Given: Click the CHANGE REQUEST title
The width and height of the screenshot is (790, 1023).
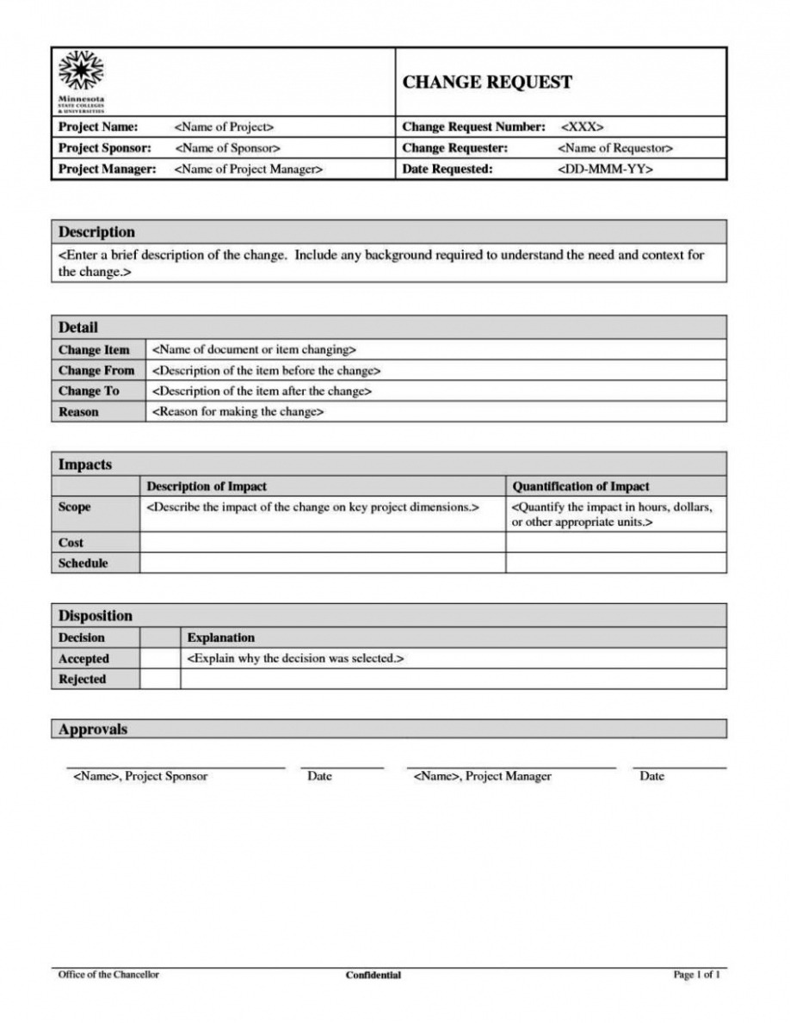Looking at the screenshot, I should [x=487, y=83].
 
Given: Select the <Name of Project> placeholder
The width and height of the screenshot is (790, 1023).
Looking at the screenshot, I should [x=224, y=127].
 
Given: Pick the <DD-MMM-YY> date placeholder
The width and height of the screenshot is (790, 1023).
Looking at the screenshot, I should [x=606, y=169].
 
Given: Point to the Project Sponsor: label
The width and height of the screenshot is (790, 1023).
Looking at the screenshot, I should [x=104, y=148].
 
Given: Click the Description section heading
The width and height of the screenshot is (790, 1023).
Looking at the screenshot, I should [x=96, y=232].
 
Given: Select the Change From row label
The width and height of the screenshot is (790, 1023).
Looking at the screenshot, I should [x=96, y=371].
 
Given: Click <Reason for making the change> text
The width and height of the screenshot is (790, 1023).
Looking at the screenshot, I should [x=238, y=412].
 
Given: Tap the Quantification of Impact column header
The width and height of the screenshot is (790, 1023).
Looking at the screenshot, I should [x=581, y=487].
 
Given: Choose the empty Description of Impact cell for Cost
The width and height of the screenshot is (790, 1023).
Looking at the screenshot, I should [x=322, y=542].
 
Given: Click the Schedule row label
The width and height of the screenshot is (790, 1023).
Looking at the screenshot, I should [x=83, y=564].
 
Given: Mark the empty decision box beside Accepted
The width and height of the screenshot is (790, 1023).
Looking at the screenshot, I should [x=159, y=659].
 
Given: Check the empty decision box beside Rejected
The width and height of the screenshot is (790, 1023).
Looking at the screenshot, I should [x=159, y=680].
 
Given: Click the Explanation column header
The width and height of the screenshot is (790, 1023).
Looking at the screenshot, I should [x=221, y=638].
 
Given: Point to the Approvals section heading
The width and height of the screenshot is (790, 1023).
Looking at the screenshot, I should [x=93, y=730].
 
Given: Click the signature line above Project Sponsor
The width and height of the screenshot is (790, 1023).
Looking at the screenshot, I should [x=176, y=767].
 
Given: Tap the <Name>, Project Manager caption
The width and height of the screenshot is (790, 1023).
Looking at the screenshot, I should [x=482, y=777].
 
